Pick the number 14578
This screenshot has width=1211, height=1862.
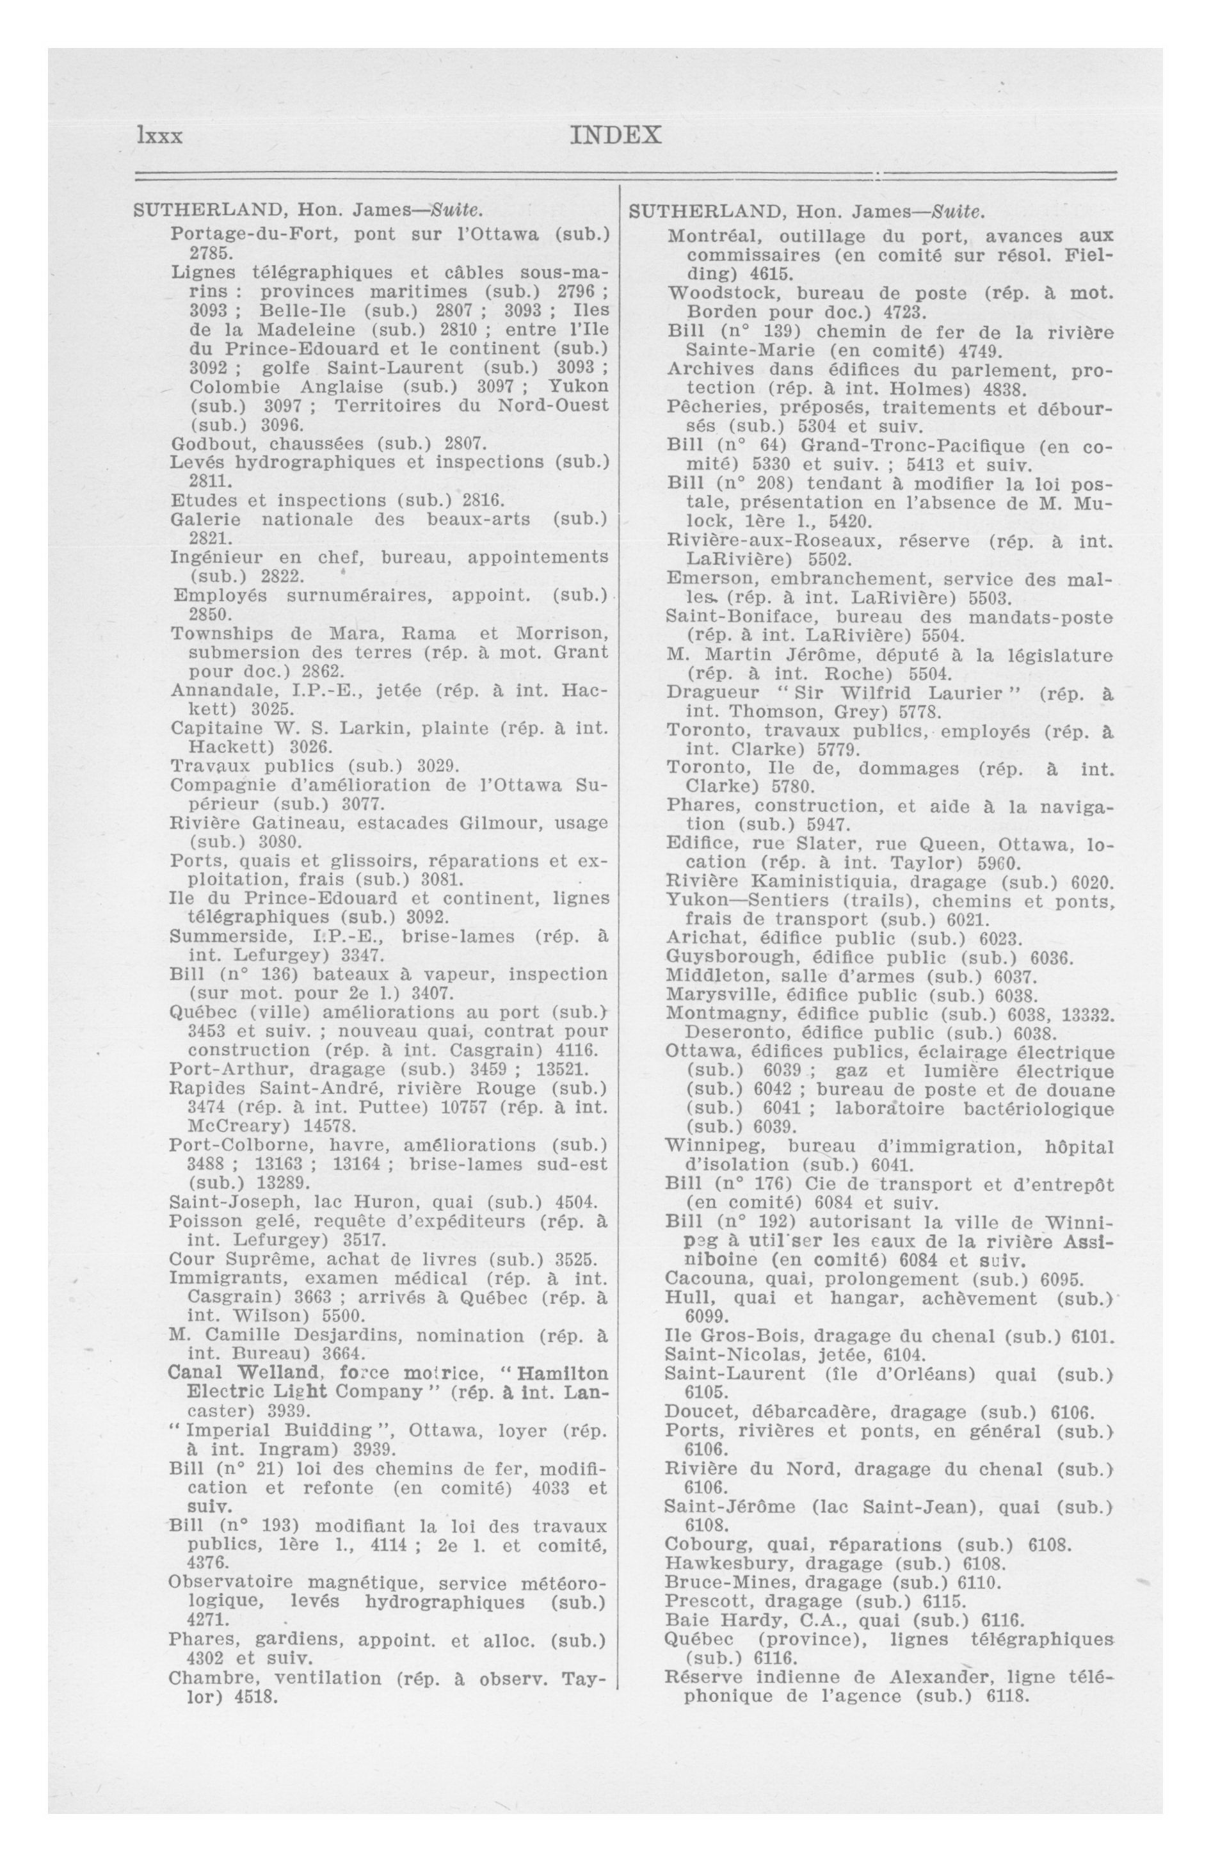pyautogui.click(x=323, y=1126)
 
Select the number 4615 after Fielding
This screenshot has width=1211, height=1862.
pyautogui.click(x=771, y=274)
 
